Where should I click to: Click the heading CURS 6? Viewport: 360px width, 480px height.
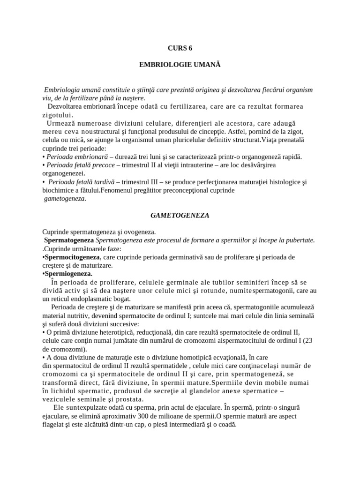point(180,48)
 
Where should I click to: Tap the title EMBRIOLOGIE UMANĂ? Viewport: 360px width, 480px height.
point(180,65)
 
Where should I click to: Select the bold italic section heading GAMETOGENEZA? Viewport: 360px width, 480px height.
point(180,216)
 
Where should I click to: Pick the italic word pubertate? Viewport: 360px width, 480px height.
point(299,240)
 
